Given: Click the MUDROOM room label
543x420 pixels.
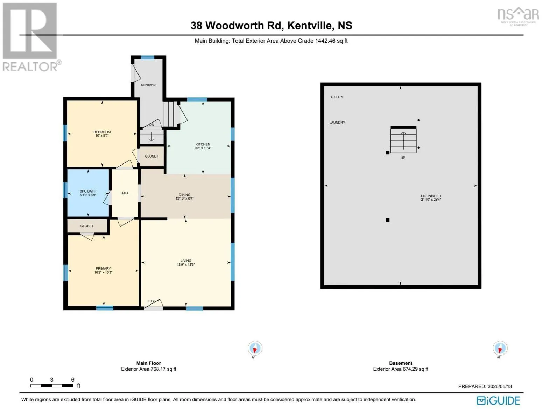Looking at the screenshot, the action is point(148,85).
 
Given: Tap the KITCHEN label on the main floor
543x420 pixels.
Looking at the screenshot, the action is point(203,144).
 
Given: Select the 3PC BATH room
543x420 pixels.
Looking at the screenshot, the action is point(88,192).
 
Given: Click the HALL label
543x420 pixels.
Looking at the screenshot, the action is point(125,193).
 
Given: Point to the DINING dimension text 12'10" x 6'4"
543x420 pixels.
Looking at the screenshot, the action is point(184,198).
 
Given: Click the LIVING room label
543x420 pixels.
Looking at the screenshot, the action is point(186,261).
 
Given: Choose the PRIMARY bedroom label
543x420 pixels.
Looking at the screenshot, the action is point(103,268).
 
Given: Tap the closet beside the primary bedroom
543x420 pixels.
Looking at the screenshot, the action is point(87,226).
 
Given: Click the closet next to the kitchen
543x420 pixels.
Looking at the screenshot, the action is point(151,156).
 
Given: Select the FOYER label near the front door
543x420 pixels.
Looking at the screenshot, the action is point(153,301).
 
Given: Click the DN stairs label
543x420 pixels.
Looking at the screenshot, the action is point(152,125).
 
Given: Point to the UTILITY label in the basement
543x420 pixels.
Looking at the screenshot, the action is point(337,97).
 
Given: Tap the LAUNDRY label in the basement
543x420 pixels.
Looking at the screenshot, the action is point(337,122).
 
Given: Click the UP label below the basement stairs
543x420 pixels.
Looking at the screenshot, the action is point(403,157).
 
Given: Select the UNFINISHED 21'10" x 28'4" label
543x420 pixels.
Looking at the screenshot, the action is point(431,198).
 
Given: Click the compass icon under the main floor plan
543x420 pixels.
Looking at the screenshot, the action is point(255,348).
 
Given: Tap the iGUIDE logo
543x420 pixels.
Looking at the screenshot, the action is point(498,400).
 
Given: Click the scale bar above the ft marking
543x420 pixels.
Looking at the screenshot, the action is point(52,386).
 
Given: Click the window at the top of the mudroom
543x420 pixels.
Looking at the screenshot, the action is point(147,57).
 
